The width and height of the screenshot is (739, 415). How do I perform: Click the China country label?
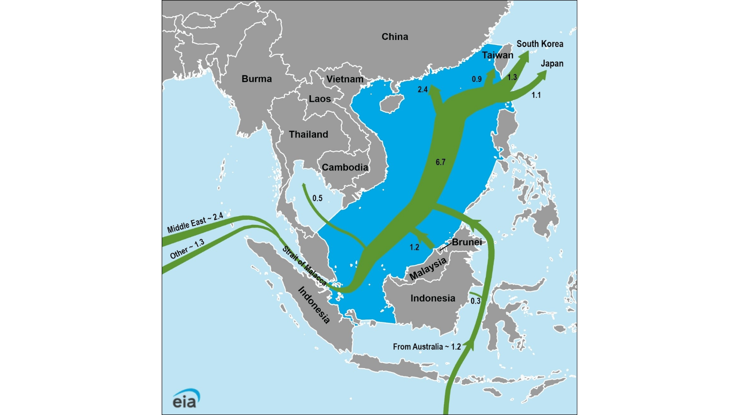point(395,37)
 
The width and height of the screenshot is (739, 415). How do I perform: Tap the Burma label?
point(256,79)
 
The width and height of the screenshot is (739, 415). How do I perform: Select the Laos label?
point(319,99)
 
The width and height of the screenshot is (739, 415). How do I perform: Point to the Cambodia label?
point(345,167)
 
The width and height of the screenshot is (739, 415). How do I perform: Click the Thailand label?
point(308,134)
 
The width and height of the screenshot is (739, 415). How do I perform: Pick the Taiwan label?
point(497,55)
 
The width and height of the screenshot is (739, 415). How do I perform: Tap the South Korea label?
point(540,44)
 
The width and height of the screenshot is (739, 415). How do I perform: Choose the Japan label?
point(552,63)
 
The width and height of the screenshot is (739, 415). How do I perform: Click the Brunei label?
point(466,242)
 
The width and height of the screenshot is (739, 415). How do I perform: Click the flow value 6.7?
point(440,162)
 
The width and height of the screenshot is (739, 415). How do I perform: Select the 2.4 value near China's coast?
point(423,90)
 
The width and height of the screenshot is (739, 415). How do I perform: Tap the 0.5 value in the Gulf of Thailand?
point(317,198)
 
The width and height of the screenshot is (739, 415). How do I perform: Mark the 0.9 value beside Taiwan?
point(477,79)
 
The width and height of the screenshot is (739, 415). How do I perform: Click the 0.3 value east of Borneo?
point(475,301)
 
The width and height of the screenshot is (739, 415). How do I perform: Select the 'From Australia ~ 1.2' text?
point(426,347)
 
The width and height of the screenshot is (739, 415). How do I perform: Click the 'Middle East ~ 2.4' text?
point(195,222)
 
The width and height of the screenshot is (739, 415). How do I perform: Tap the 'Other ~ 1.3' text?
point(187,249)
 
